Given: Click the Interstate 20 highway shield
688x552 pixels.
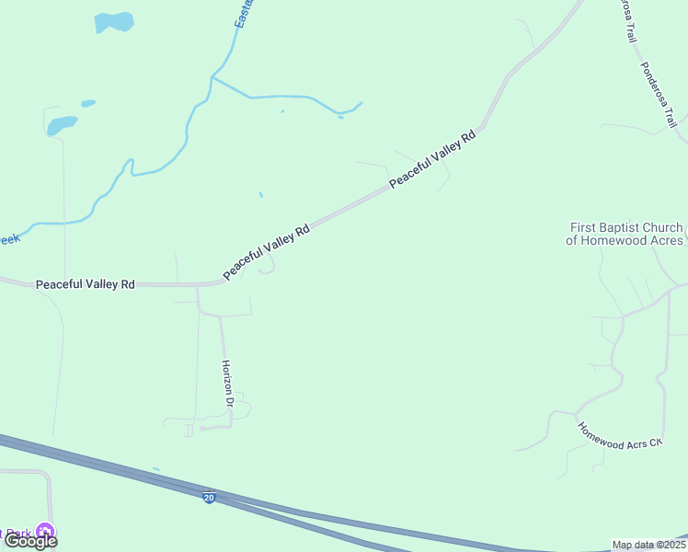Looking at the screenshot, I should [210, 497].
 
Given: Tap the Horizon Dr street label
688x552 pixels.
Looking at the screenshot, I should [227, 384].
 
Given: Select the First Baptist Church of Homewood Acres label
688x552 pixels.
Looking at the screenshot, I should [626, 234].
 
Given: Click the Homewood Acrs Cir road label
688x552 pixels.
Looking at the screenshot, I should [619, 434].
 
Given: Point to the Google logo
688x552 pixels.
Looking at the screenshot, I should [31, 540].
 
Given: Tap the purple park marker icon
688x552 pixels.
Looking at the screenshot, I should [43, 532].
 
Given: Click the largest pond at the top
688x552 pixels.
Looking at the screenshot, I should [113, 21].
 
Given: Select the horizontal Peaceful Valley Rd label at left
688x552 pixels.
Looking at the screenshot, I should [86, 285].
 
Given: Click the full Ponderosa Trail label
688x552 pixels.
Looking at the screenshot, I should [659, 96].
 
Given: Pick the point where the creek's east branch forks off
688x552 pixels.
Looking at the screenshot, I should [212, 78].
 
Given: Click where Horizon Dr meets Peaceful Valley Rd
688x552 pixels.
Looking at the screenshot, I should [197, 285].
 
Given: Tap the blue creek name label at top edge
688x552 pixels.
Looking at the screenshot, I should [245, 13].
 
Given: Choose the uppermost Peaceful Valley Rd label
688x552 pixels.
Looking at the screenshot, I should [432, 159].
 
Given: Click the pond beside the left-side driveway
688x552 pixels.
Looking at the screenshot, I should [61, 125].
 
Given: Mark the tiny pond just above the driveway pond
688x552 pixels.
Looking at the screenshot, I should [87, 103].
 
